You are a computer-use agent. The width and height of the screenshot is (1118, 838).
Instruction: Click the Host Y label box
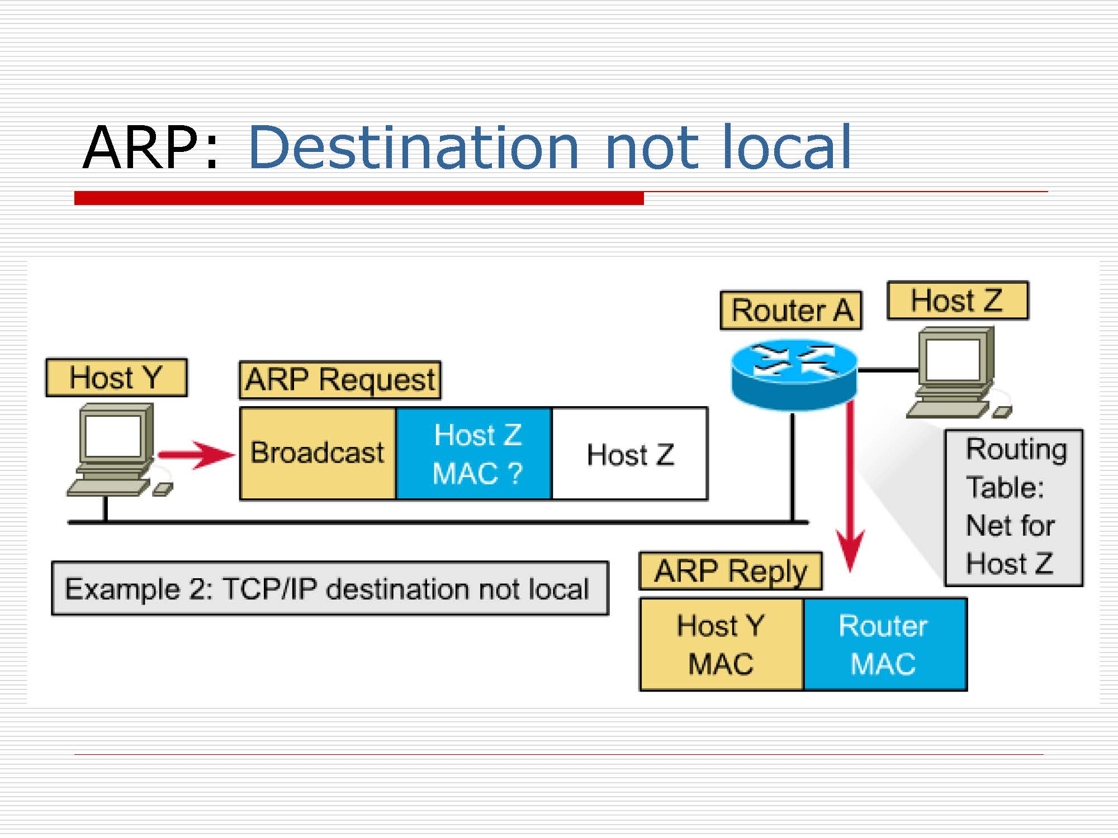click(116, 378)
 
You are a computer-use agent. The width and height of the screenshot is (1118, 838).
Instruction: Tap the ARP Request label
click(340, 380)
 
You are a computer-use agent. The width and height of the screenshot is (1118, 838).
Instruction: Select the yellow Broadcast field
click(318, 453)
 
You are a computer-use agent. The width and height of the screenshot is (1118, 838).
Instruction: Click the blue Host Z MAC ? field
click(474, 453)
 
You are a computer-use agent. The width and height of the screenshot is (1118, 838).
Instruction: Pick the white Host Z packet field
click(630, 453)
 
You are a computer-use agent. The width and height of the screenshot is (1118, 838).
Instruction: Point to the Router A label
click(791, 311)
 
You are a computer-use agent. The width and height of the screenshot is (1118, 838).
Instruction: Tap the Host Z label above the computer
click(958, 301)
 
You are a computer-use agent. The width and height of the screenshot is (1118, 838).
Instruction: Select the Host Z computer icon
click(956, 372)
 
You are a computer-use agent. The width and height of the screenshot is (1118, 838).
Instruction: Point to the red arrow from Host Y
click(196, 454)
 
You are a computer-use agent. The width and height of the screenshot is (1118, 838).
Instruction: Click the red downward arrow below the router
click(850, 486)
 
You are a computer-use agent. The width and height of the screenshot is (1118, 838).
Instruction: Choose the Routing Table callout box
click(1013, 507)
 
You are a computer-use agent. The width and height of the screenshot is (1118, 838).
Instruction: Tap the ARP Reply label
click(731, 571)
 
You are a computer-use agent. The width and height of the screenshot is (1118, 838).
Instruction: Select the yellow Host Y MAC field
click(722, 644)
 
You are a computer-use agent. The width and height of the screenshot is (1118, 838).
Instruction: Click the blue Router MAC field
click(885, 644)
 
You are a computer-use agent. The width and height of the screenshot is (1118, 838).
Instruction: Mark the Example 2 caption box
click(330, 588)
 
